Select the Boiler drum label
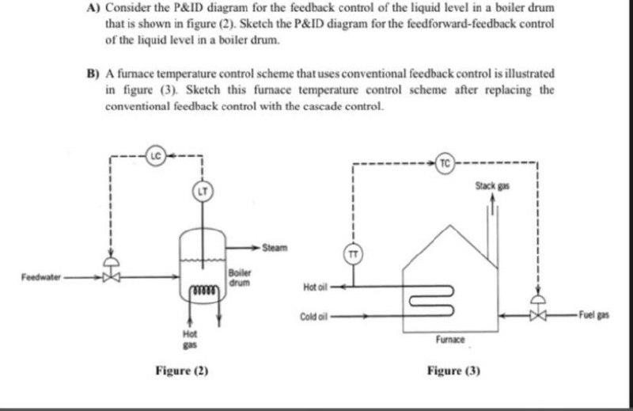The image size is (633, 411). [240, 278]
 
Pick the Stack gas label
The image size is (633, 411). [493, 185]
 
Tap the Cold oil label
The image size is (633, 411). [313, 317]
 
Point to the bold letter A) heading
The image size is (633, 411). [93, 7]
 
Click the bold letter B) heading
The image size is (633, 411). [93, 72]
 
